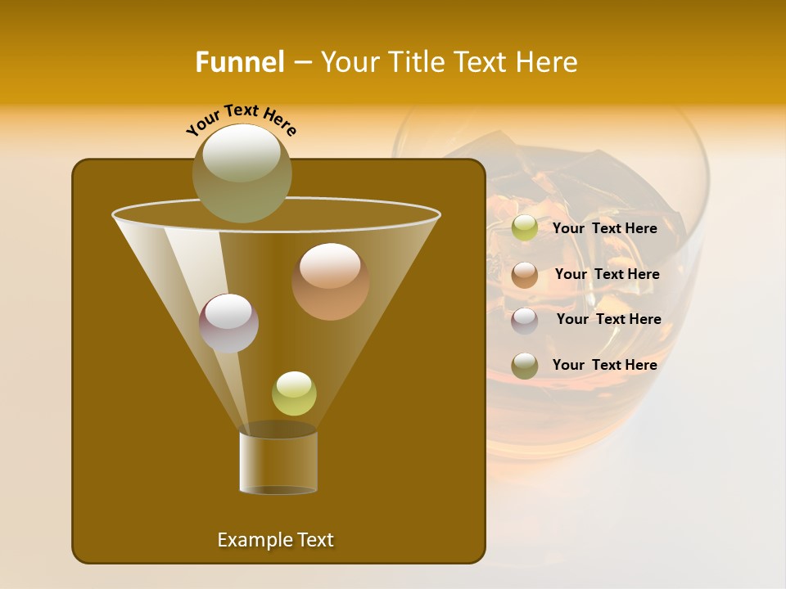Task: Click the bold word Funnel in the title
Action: coord(240,61)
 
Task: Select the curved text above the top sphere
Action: coord(242,120)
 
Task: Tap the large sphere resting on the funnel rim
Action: coord(242,173)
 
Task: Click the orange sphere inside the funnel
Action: coord(330,281)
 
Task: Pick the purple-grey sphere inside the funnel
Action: coord(228,323)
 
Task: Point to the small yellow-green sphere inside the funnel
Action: coord(294,393)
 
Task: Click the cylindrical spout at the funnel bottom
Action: coord(278,462)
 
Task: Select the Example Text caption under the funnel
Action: coord(276,540)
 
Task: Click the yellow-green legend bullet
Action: coord(525,228)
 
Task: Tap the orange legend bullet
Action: coord(525,274)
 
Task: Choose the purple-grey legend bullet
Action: coord(525,320)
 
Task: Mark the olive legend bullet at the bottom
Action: coord(525,366)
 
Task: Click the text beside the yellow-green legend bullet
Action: coord(604,228)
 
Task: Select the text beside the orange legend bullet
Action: coord(607,274)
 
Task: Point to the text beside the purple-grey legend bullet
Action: coord(608,319)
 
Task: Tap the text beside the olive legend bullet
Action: coord(604,365)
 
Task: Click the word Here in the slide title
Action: coord(547,61)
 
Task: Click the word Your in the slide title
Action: coord(348,61)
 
